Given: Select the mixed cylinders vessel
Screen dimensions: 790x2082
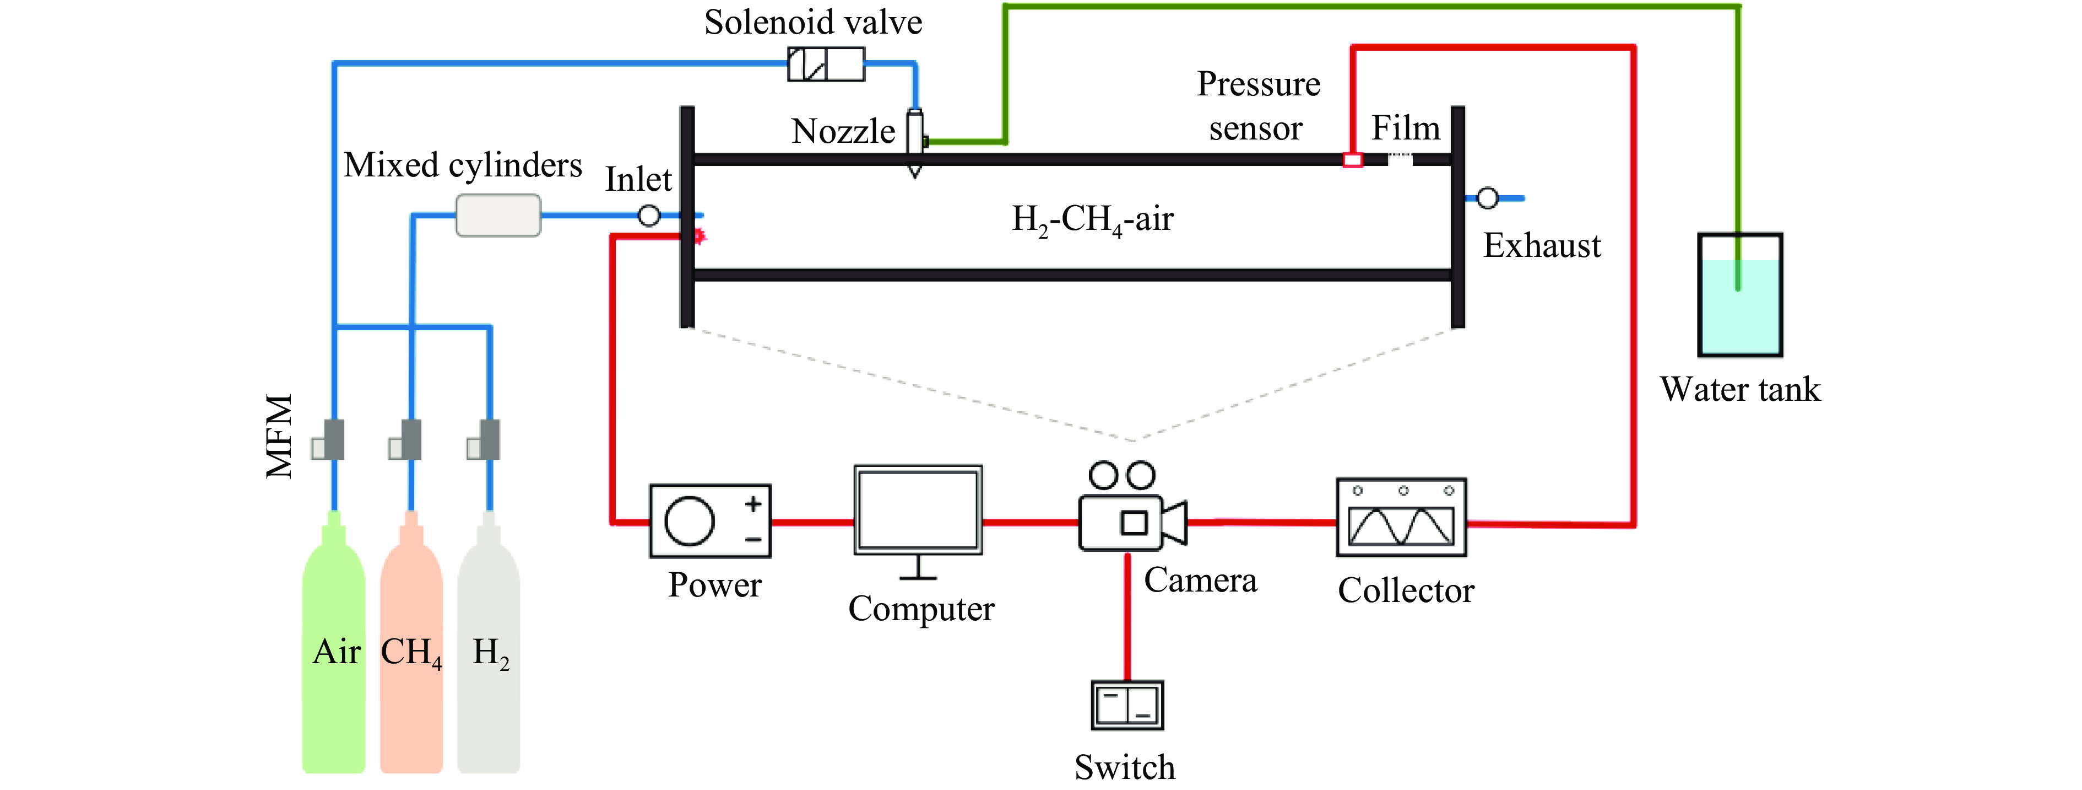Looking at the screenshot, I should (498, 215).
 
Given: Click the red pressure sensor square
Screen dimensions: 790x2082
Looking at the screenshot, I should (1352, 159).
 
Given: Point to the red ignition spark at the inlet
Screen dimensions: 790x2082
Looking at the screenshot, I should (699, 236).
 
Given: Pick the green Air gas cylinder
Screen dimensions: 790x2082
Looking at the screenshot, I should (333, 647).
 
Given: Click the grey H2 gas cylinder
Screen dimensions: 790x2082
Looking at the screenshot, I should (488, 647).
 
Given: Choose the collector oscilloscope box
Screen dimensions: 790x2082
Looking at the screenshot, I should (1401, 518).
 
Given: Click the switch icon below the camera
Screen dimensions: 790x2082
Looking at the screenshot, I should (1127, 705).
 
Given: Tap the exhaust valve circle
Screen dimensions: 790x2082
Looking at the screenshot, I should (1487, 198).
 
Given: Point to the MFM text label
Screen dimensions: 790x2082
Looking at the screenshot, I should (280, 437).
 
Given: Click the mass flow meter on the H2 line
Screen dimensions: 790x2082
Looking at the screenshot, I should (485, 440).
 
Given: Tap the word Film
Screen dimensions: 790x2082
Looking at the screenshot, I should (1406, 128).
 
